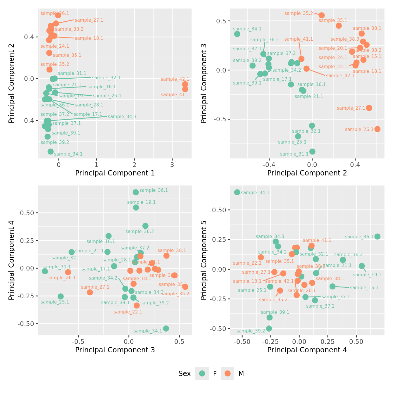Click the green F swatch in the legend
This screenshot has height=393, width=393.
pyautogui.click(x=202, y=373)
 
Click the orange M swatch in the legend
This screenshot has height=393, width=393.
pyautogui.click(x=227, y=373)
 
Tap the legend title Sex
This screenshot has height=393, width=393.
pyautogui.click(x=185, y=374)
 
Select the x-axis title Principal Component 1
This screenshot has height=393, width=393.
pyautogui.click(x=115, y=173)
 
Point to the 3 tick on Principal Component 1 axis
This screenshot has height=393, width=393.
pyautogui.click(x=172, y=165)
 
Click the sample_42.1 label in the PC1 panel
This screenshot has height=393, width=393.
pyautogui.click(x=175, y=79)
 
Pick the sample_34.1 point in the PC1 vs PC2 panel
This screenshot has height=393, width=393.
pyautogui.click(x=51, y=151)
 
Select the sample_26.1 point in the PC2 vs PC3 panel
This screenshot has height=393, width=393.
pyautogui.click(x=378, y=129)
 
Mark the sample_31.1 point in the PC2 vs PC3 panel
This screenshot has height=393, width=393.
pyautogui.click(x=312, y=151)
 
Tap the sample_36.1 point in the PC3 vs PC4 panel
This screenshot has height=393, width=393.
pyautogui.click(x=136, y=192)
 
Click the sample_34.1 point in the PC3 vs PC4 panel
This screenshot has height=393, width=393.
pyautogui.click(x=166, y=328)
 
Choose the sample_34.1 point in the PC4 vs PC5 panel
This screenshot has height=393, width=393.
pyautogui.click(x=237, y=192)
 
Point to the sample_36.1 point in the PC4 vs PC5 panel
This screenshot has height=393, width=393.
pyautogui.click(x=378, y=236)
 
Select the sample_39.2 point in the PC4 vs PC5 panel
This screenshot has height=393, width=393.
pyautogui.click(x=269, y=328)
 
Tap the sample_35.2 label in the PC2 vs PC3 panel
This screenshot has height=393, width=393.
pyautogui.click(x=299, y=13)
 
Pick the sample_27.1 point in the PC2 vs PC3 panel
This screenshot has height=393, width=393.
pyautogui.click(x=369, y=108)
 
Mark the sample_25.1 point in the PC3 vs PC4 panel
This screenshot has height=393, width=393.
pyautogui.click(x=61, y=297)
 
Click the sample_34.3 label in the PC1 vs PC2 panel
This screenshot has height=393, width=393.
pyautogui.click(x=122, y=117)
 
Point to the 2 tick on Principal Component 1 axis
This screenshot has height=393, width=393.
pyautogui.click(x=135, y=165)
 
